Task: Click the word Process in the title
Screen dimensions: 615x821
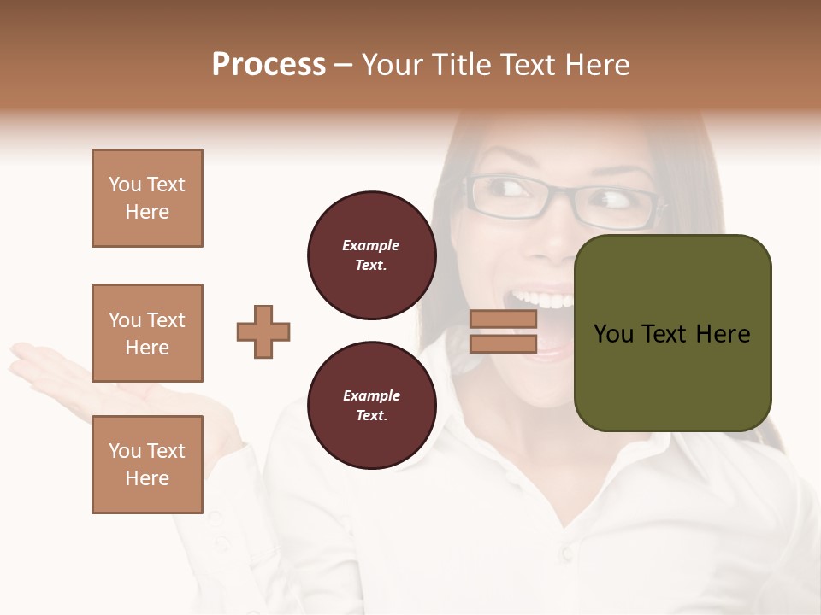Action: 269,65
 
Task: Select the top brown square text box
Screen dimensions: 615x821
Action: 147,198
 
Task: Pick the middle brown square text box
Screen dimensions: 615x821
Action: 147,333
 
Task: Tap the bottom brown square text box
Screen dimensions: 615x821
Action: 147,465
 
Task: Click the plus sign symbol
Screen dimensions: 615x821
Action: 263,331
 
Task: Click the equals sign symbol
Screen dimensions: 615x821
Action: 503,331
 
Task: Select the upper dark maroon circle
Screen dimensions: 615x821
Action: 371,255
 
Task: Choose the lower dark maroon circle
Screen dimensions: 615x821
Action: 371,406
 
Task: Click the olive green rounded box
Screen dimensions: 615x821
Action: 672,333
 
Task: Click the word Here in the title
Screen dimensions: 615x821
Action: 599,65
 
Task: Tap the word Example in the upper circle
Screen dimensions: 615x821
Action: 371,245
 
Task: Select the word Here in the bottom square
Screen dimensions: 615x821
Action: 147,478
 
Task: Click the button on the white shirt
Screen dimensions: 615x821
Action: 567,553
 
